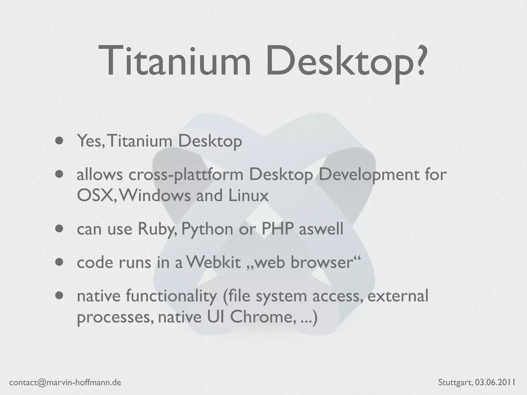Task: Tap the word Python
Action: coord(207,229)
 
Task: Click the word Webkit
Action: coord(213,263)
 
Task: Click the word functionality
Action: coord(171,296)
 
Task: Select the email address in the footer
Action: coord(65,383)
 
